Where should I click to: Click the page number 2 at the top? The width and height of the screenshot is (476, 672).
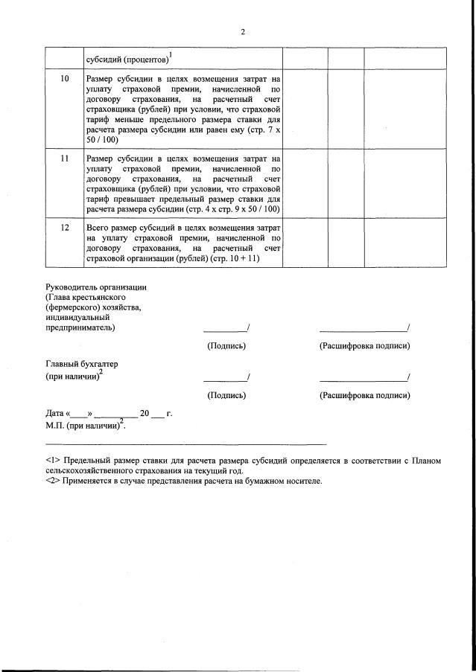tap(242, 32)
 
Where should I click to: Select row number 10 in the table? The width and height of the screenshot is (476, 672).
tap(64, 78)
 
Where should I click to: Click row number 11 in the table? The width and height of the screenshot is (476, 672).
tap(64, 159)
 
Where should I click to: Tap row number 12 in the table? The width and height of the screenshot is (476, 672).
tap(64, 226)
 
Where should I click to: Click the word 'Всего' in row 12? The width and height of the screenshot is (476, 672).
tap(97, 226)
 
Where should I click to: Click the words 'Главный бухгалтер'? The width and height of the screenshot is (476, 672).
tap(81, 364)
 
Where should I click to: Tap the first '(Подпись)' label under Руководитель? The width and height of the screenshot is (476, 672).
tap(226, 346)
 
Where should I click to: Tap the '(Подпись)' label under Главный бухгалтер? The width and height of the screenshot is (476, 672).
tap(226, 395)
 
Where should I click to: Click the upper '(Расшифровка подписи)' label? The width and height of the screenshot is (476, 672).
tap(364, 346)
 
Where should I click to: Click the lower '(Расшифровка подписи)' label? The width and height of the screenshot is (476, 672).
tap(364, 395)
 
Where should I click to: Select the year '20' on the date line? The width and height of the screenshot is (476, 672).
tap(145, 413)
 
